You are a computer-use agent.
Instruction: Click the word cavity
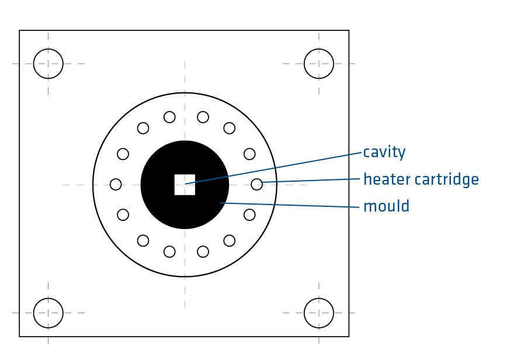tap(384, 153)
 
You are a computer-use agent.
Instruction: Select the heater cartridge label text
tap(421, 179)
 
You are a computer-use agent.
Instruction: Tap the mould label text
tap(386, 206)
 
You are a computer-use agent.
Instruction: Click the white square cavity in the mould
tap(185, 185)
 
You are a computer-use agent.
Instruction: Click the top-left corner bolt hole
tap(48, 63)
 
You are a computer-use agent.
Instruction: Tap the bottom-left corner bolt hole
tap(48, 313)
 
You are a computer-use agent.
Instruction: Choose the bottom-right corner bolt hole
tap(319, 313)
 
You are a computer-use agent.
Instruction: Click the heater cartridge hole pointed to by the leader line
tap(256, 185)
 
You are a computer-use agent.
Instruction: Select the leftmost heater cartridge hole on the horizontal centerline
tap(116, 185)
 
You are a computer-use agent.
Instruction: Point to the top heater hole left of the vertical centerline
tap(169, 117)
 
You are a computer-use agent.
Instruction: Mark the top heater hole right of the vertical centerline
tap(203, 117)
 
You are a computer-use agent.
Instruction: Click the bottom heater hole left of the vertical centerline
tap(169, 252)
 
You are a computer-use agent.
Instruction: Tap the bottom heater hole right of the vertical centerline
tap(203, 252)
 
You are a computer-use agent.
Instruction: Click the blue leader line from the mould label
tap(292, 205)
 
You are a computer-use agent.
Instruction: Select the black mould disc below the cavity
tap(185, 213)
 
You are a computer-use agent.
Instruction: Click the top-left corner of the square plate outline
tap(19, 30)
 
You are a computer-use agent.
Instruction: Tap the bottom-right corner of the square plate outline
tap(349, 337)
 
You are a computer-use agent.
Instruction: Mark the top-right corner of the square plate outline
tap(349, 30)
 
